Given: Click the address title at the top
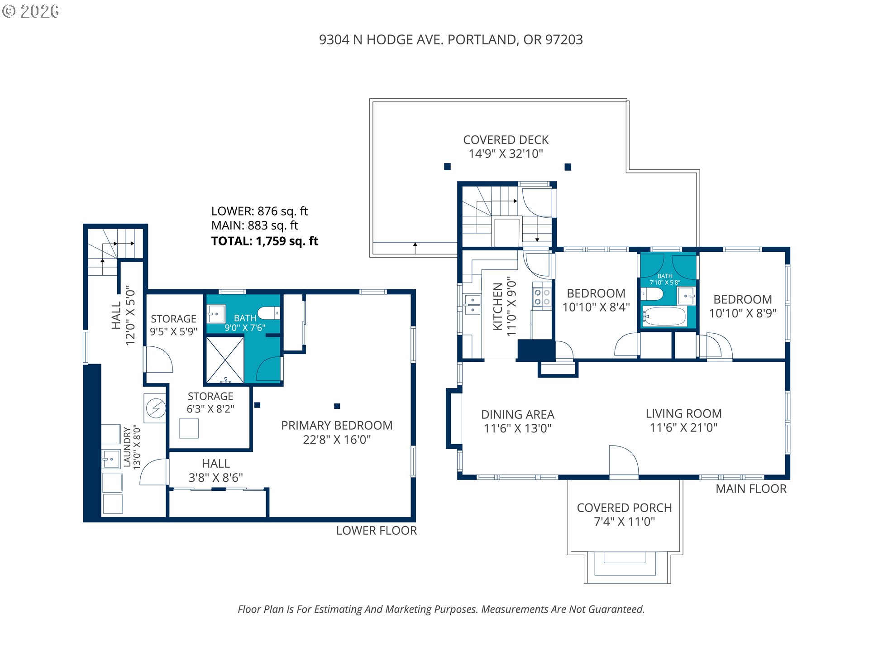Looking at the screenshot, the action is coord(451,40).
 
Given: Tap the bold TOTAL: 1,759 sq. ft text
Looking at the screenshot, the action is coord(265,241).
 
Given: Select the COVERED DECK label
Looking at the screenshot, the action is coord(506,140).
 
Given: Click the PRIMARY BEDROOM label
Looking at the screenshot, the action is coord(337,426).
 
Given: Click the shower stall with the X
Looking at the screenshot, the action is coord(225,360).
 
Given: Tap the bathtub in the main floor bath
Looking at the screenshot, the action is coord(664,316).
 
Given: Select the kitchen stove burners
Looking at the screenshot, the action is coord(542,297).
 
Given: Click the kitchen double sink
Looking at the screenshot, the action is coord(473,304).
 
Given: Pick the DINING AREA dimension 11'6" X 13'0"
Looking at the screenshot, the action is coord(518,428).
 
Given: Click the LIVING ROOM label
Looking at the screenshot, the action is coord(683,413).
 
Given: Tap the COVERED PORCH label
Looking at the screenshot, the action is coord(625,508).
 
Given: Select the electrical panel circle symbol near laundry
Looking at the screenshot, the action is coord(156,408).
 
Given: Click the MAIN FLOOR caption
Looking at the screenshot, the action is coord(751,489).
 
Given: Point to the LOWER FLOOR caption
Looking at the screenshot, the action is coord(377,531).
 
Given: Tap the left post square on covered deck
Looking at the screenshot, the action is coord(447,167).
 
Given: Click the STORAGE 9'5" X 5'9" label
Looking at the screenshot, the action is coord(174,325).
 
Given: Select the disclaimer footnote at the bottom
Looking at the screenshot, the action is coord(441,609).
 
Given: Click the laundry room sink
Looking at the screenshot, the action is coord(111,460).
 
